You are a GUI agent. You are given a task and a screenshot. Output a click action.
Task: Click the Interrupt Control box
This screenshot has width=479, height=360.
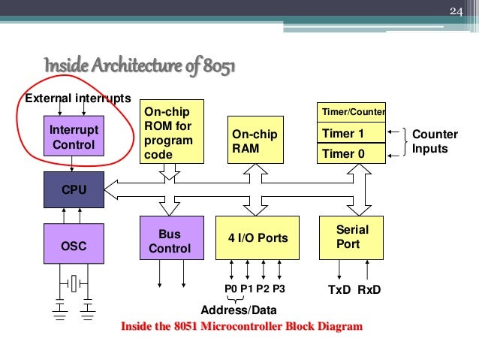pyautogui.click(x=73, y=136)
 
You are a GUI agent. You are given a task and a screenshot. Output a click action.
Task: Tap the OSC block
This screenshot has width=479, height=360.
pyautogui.click(x=73, y=244)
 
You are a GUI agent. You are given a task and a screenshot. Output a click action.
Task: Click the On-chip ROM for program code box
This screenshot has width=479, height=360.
pyautogui.click(x=172, y=131)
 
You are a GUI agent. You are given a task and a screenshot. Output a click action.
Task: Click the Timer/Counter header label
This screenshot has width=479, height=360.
pyautogui.click(x=352, y=112)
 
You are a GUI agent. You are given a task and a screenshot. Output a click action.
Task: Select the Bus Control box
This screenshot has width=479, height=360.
pyautogui.click(x=171, y=241)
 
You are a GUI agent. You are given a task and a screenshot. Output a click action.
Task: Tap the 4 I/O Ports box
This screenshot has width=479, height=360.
pyautogui.click(x=258, y=238)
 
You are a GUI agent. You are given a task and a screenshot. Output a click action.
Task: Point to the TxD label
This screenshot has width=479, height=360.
pyautogui.click(x=339, y=289)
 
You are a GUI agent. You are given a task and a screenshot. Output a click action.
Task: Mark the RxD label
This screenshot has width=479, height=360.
pyautogui.click(x=369, y=289)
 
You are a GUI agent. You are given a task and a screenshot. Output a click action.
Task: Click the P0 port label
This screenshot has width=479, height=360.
pyautogui.click(x=231, y=289)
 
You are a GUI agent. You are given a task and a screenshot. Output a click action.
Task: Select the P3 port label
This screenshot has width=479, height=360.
pyautogui.click(x=279, y=289)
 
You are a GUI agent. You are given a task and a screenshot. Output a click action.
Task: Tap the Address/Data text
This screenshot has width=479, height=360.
pyautogui.click(x=239, y=310)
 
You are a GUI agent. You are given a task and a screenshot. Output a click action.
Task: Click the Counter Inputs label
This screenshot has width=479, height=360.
pyautogui.click(x=435, y=141)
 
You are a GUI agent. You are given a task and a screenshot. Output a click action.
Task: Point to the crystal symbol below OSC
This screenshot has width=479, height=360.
pyautogui.click(x=73, y=283)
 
